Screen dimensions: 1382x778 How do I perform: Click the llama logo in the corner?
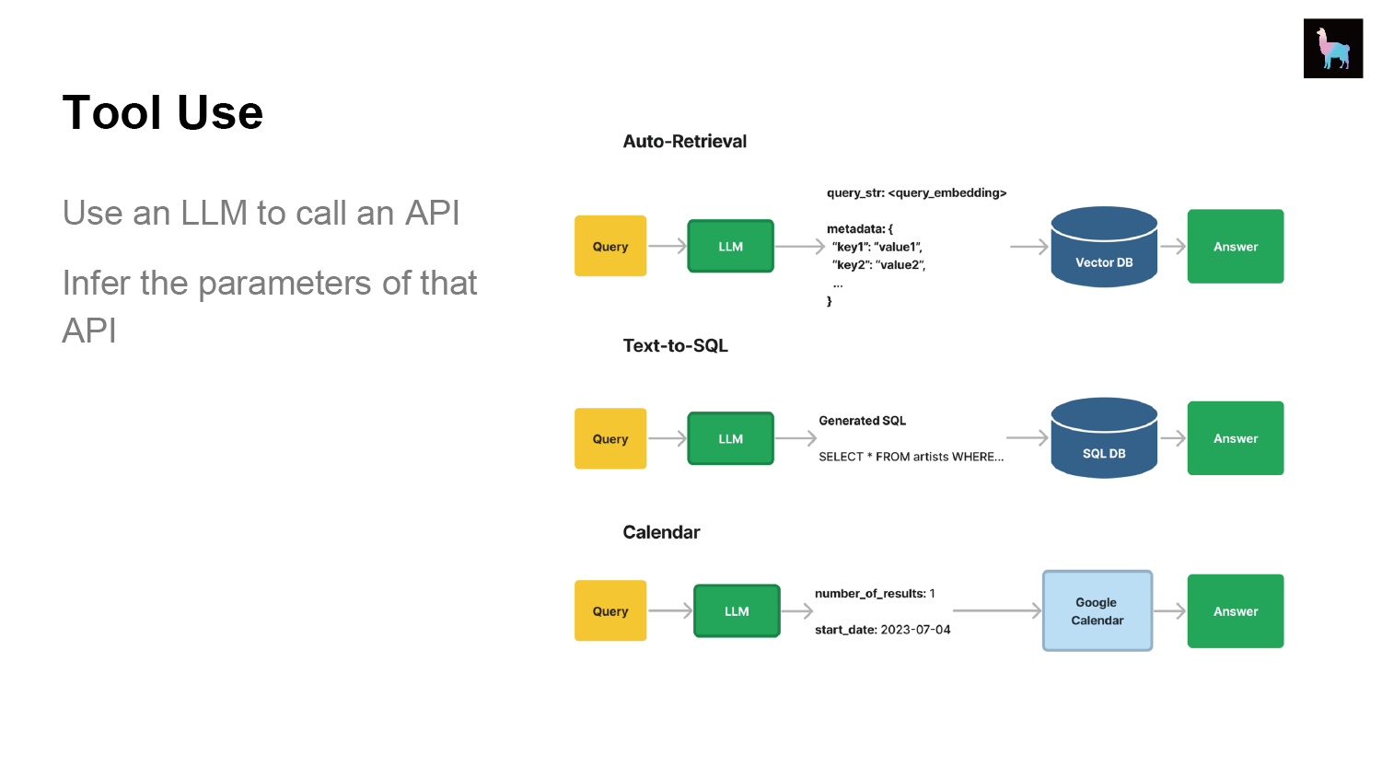click(x=1332, y=48)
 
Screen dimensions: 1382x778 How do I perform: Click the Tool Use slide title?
click(x=163, y=112)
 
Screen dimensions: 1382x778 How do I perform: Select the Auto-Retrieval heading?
click(x=684, y=141)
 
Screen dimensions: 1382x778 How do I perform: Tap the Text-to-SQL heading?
click(x=675, y=345)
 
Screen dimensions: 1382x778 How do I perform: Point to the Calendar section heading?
click(x=661, y=532)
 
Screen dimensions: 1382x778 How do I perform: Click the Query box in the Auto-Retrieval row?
click(x=610, y=246)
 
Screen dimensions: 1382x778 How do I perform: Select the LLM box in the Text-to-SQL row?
click(x=730, y=438)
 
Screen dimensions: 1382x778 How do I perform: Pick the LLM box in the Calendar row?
click(x=737, y=610)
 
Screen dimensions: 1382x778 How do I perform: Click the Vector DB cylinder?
click(x=1104, y=247)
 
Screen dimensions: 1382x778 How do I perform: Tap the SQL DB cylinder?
click(x=1104, y=438)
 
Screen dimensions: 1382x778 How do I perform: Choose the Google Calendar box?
click(x=1097, y=610)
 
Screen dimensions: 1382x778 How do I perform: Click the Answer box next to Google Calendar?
click(x=1236, y=610)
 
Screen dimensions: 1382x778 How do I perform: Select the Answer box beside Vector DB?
click(x=1236, y=246)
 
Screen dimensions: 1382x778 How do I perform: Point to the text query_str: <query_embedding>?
click(x=916, y=193)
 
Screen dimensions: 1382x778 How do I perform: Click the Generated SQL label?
click(x=862, y=421)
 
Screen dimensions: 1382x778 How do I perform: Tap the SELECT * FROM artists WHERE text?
click(x=911, y=457)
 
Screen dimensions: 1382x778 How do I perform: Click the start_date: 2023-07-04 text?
click(x=882, y=630)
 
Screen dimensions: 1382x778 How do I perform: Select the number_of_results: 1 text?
click(x=875, y=594)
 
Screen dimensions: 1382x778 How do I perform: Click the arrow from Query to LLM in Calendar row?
click(x=670, y=610)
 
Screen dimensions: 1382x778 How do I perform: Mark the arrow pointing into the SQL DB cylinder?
click(x=1028, y=437)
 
